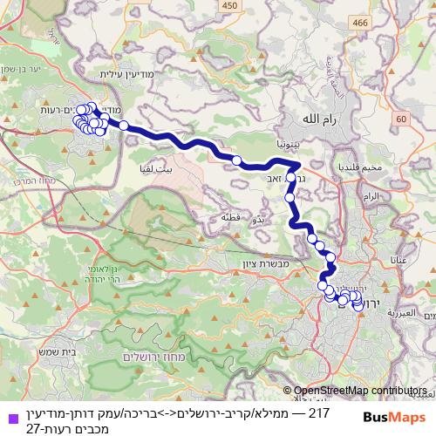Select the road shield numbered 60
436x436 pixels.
pos(401,119)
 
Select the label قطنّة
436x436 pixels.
pos(230,216)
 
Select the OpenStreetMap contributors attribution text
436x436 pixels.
pos(359,391)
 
